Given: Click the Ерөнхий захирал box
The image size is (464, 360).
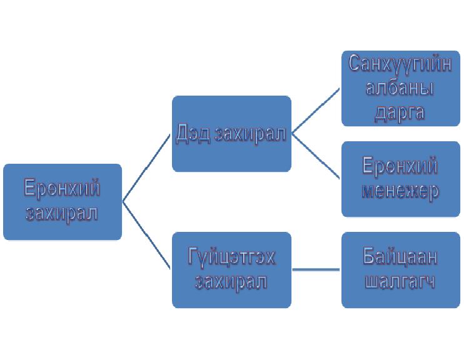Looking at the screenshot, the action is pyautogui.click(x=63, y=202).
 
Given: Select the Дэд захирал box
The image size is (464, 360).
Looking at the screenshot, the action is pyautogui.click(x=231, y=134).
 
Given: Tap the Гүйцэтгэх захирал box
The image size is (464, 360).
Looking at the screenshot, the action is pyautogui.click(x=231, y=270).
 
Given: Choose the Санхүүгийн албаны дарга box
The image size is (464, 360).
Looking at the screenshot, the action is pyautogui.click(x=401, y=89).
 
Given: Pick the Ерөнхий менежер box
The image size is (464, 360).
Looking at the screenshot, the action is pyautogui.click(x=401, y=179).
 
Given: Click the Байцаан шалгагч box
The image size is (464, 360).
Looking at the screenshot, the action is pyautogui.click(x=401, y=270).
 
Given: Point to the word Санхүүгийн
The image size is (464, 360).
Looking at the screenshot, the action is pyautogui.click(x=400, y=64).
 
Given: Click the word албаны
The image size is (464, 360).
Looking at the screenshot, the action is pyautogui.click(x=400, y=88).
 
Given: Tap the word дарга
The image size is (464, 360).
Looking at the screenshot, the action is pyautogui.click(x=400, y=113).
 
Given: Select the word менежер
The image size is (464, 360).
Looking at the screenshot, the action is pyautogui.click(x=400, y=191).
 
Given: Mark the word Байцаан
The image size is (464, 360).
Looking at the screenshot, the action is pyautogui.click(x=400, y=256).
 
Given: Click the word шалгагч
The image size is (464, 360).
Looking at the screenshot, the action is pyautogui.click(x=400, y=281).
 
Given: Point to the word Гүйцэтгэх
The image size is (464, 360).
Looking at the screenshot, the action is pyautogui.click(x=231, y=257).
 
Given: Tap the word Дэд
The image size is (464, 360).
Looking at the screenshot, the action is pyautogui.click(x=193, y=134).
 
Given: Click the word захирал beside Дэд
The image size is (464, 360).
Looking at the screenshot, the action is pyautogui.click(x=250, y=134).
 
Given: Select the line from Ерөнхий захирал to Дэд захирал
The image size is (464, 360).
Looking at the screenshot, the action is pyautogui.click(x=146, y=168).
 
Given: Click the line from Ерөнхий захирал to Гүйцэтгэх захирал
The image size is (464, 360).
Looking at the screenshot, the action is pyautogui.click(x=146, y=236).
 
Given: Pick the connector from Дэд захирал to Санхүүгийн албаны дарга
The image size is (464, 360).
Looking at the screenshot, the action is pyautogui.click(x=316, y=111).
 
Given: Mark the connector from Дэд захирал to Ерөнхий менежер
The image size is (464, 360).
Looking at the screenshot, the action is pyautogui.click(x=316, y=156).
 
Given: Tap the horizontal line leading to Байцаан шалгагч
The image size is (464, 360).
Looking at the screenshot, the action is pyautogui.click(x=316, y=269).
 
